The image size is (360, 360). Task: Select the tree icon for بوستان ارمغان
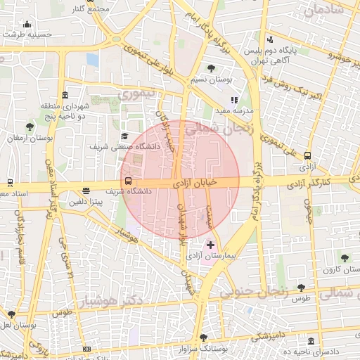click(x=29, y=127)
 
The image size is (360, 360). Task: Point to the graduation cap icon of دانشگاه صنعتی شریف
click(x=125, y=136)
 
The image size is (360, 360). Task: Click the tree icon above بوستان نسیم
click(x=212, y=68)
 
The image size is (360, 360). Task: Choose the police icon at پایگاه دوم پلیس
click(x=270, y=39)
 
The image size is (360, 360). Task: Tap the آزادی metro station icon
click(x=307, y=156)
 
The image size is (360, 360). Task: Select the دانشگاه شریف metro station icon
click(x=127, y=181)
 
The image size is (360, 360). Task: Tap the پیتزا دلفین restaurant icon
click(x=86, y=191)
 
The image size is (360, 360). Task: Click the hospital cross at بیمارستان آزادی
click(x=211, y=245)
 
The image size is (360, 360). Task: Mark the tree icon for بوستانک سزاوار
click(x=203, y=337)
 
